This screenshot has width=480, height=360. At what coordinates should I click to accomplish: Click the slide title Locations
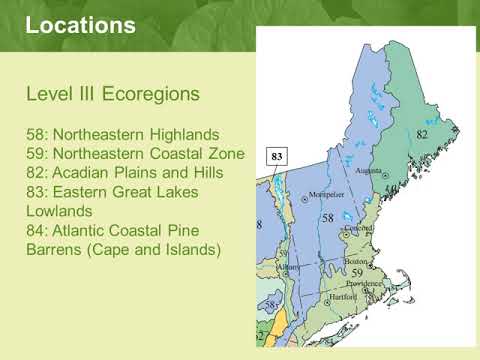81,25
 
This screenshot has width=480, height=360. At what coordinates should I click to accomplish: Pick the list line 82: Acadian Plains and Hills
123,172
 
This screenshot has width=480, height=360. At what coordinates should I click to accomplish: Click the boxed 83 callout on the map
278,156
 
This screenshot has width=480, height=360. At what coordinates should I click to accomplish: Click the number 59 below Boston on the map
356,272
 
